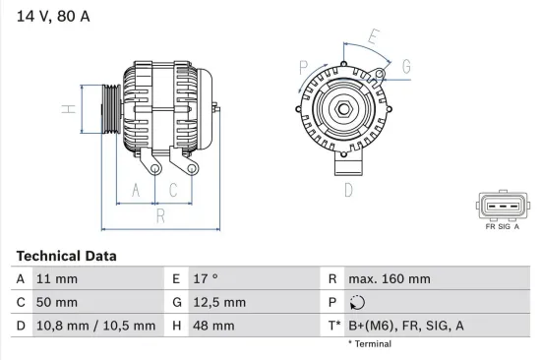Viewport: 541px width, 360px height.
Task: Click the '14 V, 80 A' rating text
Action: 52,16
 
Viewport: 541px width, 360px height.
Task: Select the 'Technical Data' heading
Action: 66,256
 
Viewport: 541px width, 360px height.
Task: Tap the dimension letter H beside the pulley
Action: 68,109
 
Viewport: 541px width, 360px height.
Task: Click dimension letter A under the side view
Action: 137,190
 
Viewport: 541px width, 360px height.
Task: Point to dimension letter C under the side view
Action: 173,190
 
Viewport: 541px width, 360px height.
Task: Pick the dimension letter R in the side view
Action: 159,214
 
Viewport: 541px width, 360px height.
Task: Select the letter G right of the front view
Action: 406,67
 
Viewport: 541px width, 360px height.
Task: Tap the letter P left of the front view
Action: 304,68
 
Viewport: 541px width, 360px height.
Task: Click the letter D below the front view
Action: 348,191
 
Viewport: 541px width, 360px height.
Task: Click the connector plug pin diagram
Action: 503,207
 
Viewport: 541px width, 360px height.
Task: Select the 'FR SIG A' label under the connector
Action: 503,225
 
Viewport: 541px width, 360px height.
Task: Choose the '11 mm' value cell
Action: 57,279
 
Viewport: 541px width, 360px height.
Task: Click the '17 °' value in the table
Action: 206,279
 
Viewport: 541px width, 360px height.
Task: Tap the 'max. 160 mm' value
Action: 391,279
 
